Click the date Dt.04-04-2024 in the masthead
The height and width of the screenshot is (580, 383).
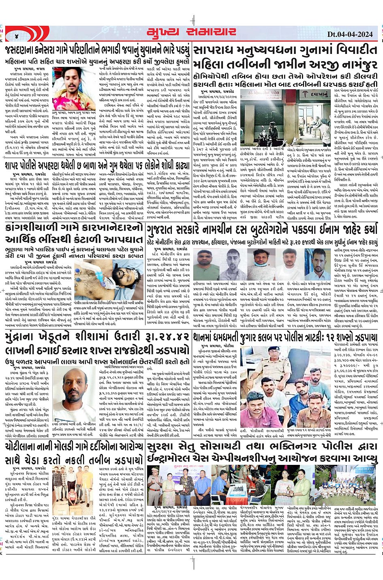click(x=349, y=34)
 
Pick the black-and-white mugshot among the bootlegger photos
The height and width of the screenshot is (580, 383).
click(x=234, y=264)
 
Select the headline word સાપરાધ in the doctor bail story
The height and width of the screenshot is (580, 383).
click(x=214, y=51)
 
